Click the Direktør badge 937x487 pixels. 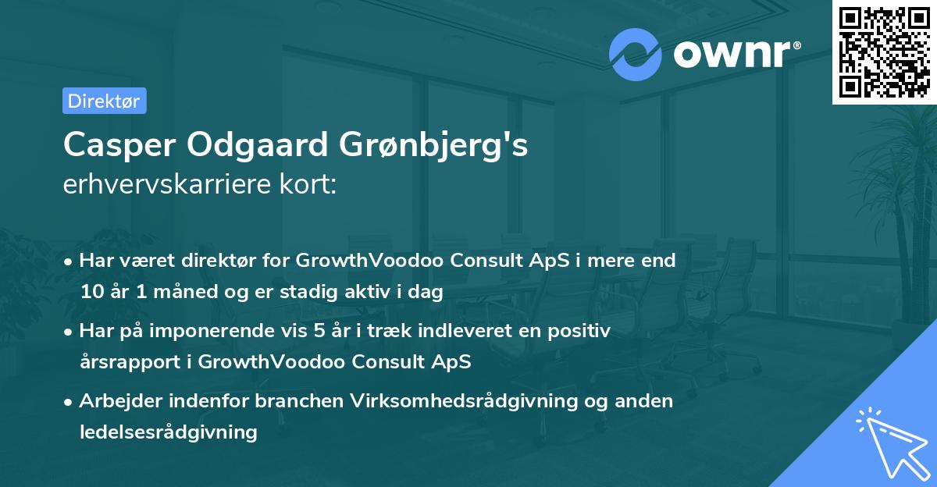104,101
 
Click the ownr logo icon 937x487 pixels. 636,54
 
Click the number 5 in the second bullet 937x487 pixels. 319,331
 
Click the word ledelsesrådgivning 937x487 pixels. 168,431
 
